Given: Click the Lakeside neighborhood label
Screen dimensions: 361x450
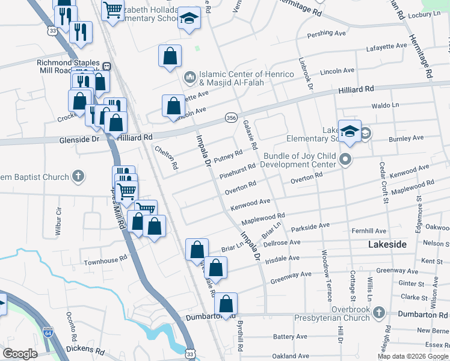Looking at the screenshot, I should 387,245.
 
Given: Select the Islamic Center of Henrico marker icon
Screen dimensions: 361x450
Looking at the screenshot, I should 190,77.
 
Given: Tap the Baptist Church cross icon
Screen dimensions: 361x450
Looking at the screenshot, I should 78,176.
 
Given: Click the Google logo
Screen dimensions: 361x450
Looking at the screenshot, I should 20,354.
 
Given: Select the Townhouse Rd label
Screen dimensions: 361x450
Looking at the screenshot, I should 105,258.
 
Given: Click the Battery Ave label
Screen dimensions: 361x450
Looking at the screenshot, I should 291,337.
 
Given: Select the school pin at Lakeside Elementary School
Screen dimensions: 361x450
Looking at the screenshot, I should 350,132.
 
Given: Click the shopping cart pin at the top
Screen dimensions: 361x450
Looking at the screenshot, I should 112,10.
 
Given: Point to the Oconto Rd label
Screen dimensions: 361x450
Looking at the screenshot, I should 70,325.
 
